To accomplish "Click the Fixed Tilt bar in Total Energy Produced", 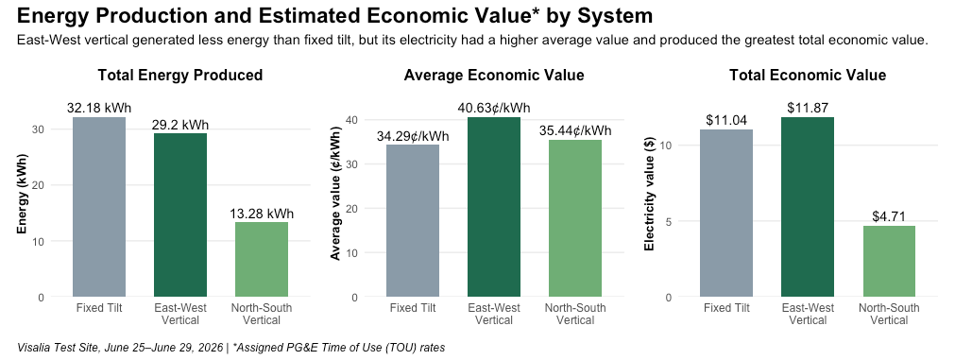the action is pyautogui.click(x=98, y=207).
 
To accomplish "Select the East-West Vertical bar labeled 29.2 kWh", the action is pyautogui.click(x=180, y=215).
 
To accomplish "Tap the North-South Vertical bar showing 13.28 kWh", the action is pyautogui.click(x=262, y=260).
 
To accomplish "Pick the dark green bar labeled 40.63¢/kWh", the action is pyautogui.click(x=494, y=207).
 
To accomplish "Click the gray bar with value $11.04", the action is pyautogui.click(x=726, y=214).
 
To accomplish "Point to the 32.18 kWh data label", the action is pyautogui.click(x=98, y=109).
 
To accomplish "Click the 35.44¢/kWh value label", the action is pyautogui.click(x=575, y=131).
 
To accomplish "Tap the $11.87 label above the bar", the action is pyautogui.click(x=808, y=109).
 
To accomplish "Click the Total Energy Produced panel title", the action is pyautogui.click(x=180, y=76).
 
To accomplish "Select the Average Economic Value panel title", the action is pyautogui.click(x=494, y=76).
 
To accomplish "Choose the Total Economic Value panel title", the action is pyautogui.click(x=808, y=76).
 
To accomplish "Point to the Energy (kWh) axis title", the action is pyautogui.click(x=23, y=207).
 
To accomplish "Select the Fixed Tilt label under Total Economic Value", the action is pyautogui.click(x=726, y=308).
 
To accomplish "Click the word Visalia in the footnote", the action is pyautogui.click(x=33, y=349).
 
